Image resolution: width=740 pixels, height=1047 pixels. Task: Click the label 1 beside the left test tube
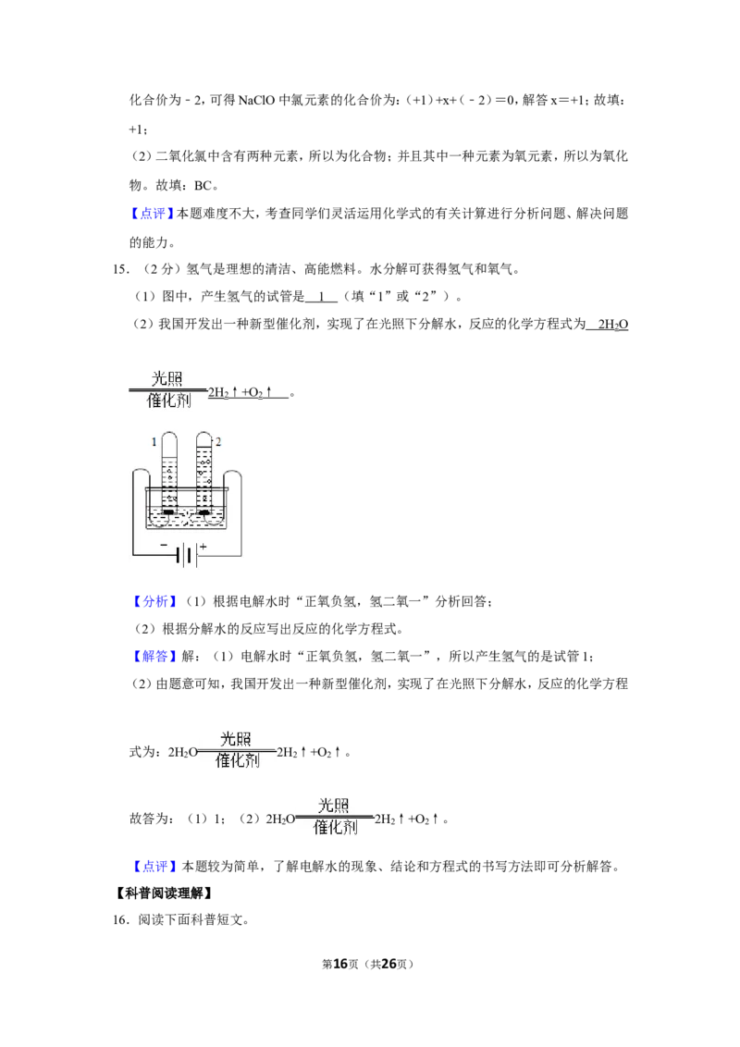pyautogui.click(x=154, y=441)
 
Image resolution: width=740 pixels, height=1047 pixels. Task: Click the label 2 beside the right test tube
pyautogui.click(x=217, y=441)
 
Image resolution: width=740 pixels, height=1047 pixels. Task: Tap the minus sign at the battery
pyautogui.click(x=165, y=545)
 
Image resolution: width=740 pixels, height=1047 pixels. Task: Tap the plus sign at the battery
pyautogui.click(x=203, y=547)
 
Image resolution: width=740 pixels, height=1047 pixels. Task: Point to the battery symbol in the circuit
pyautogui.click(x=188, y=555)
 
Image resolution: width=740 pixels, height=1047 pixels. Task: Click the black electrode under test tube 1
pyautogui.click(x=169, y=512)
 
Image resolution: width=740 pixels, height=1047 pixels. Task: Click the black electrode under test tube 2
pyautogui.click(x=204, y=512)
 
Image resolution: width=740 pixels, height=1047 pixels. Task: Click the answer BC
pyautogui.click(x=203, y=185)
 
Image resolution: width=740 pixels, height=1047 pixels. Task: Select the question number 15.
pyautogui.click(x=120, y=269)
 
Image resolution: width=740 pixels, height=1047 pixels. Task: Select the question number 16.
pyautogui.click(x=120, y=919)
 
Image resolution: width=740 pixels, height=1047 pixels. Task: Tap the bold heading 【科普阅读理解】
pyautogui.click(x=164, y=893)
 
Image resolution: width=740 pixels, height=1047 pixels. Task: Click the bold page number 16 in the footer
pyautogui.click(x=340, y=964)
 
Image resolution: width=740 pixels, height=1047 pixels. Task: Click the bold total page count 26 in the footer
pyautogui.click(x=389, y=964)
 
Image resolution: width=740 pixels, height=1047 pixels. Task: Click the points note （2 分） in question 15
pyautogui.click(x=161, y=269)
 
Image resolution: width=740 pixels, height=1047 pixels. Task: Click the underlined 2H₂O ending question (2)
pyautogui.click(x=613, y=325)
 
